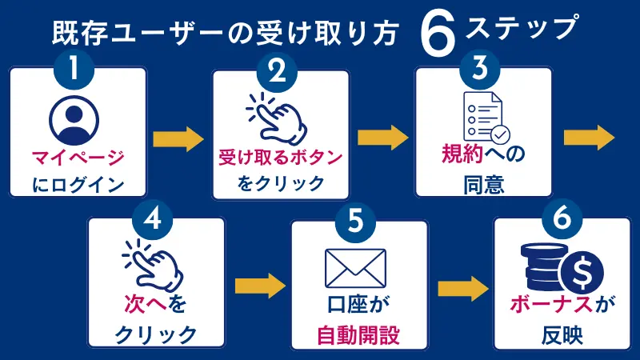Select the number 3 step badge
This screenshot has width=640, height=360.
pos(481,70)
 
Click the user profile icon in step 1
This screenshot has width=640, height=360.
pos(73,117)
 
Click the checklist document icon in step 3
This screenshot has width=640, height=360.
pos(482,117)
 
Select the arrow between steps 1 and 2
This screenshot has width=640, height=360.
pos(178,138)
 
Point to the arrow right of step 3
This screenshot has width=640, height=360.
pos(590,138)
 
